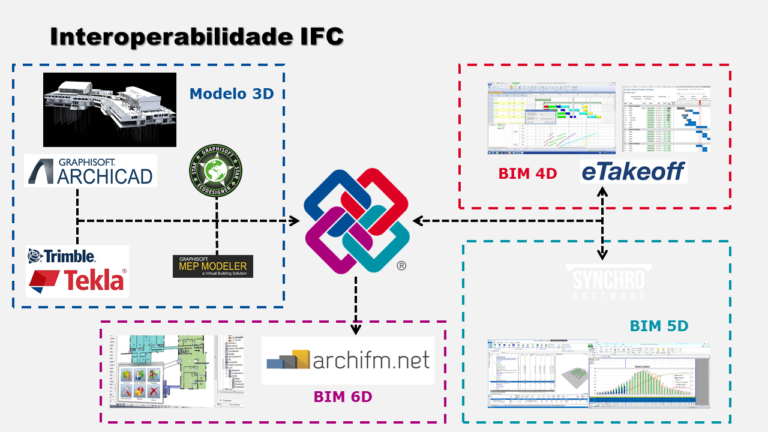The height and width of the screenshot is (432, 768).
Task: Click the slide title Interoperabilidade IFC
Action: [x=197, y=37]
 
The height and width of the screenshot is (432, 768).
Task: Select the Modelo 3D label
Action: [x=232, y=94]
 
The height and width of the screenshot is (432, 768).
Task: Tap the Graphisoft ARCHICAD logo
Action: [x=91, y=170]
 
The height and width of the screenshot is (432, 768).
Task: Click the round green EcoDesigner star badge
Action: [x=215, y=171]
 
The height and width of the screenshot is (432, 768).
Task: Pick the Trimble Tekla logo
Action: [x=77, y=271]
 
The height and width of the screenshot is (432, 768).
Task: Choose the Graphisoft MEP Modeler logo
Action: [x=213, y=266]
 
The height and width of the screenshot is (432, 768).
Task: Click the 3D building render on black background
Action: [x=110, y=110]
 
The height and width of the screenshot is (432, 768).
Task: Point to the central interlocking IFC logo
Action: [x=356, y=220]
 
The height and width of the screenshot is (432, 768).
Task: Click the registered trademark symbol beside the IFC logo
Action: [x=401, y=266]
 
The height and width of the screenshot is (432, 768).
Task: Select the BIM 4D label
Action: [x=527, y=174]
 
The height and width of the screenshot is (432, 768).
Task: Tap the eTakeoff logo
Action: [x=633, y=172]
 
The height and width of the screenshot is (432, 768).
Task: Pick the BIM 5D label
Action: [x=659, y=326]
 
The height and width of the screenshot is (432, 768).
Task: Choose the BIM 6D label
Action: [x=343, y=397]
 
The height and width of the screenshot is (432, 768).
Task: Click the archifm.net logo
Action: [x=348, y=360]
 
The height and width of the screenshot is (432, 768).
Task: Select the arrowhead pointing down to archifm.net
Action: [x=356, y=329]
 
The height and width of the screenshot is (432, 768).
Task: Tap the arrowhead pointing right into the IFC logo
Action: [x=293, y=221]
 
